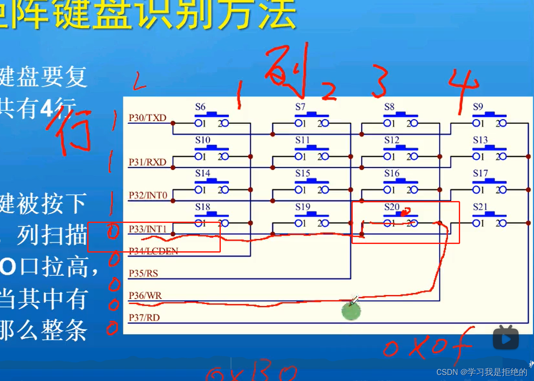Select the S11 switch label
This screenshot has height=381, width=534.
(302, 140)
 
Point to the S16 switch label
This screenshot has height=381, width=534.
(392, 174)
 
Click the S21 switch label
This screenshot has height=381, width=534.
(480, 207)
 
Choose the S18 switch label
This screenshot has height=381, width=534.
(203, 207)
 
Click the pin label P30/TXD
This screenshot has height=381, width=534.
(147, 118)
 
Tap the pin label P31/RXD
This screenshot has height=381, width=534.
(147, 162)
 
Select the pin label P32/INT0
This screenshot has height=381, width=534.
(148, 196)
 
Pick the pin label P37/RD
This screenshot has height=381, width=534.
(144, 318)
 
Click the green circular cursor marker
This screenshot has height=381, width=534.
(351, 311)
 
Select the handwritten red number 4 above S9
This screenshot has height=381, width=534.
(462, 90)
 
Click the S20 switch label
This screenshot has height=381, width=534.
(391, 207)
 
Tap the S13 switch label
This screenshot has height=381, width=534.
(480, 140)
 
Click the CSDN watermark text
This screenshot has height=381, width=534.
(481, 372)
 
